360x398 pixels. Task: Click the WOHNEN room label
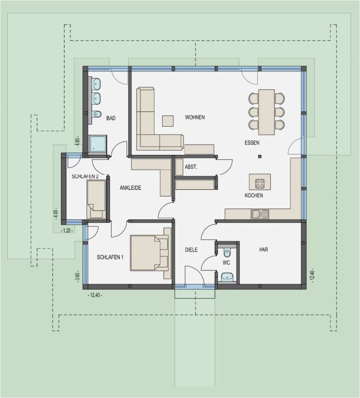(195, 117)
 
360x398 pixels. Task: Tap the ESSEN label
(252, 142)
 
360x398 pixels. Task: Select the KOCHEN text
(254, 195)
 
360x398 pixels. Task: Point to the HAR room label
(263, 249)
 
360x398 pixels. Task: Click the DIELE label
(191, 250)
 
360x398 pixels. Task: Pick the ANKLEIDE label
(130, 188)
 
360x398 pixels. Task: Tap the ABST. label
(191, 167)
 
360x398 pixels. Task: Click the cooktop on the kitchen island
(260, 183)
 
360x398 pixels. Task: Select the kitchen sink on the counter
(260, 214)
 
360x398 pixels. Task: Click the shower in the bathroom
(98, 143)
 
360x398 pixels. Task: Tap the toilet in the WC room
(227, 253)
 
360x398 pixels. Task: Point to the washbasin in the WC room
(227, 276)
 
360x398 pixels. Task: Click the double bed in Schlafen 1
(149, 253)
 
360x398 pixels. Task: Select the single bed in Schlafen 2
(96, 199)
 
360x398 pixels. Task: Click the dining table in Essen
(266, 112)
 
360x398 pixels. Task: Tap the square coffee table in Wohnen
(168, 121)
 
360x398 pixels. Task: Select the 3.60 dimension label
(77, 276)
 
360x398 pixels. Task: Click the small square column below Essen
(260, 157)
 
